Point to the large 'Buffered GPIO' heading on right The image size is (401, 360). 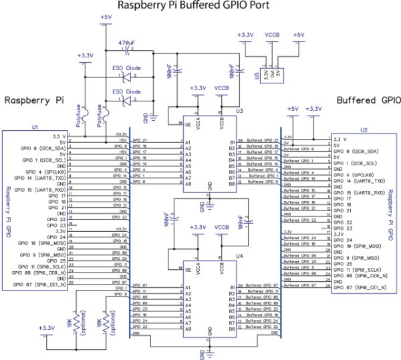(x=368, y=101)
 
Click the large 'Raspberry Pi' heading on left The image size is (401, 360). (x=34, y=100)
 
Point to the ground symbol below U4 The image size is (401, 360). (x=210, y=351)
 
